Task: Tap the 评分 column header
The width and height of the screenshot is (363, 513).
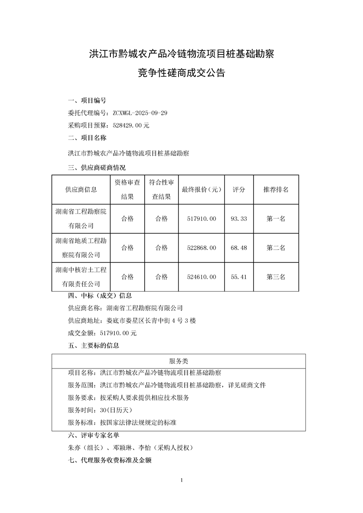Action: click(x=239, y=189)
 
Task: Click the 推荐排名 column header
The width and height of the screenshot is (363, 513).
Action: click(x=276, y=189)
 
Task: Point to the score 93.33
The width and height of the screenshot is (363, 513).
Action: click(x=239, y=219)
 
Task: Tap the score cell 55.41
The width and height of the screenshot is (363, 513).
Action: click(x=239, y=277)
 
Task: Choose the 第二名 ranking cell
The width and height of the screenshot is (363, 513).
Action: click(x=276, y=248)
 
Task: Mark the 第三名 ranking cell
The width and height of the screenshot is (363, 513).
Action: click(x=276, y=277)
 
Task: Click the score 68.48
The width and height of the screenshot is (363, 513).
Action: click(x=239, y=248)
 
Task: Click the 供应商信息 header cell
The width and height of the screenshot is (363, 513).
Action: click(x=81, y=189)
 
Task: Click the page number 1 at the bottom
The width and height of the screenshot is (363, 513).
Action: click(x=182, y=480)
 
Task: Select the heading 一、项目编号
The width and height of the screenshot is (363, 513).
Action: click(x=87, y=101)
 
